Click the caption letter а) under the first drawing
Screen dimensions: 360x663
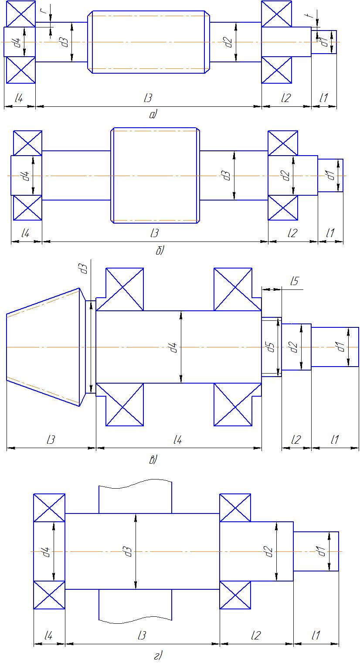tap(153, 114)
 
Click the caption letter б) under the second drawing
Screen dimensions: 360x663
tap(160, 250)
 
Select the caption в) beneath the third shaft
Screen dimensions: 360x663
tap(153, 460)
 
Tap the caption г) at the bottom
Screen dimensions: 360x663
tap(158, 656)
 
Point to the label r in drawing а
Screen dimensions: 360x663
tap(43, 11)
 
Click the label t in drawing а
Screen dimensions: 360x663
tap(310, 15)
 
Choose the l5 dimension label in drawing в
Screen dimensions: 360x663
tap(295, 281)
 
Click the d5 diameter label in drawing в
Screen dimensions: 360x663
tap(271, 347)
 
